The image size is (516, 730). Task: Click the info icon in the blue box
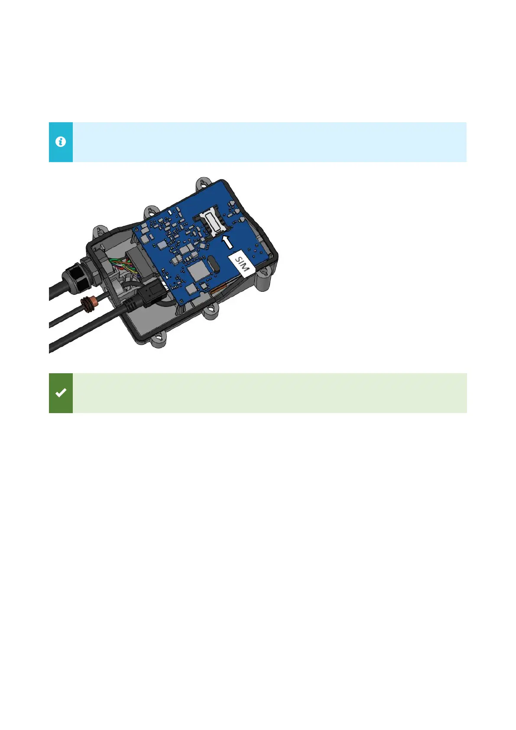pos(61,142)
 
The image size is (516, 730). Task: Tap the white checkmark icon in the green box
pos(61,393)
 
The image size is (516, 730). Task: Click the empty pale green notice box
pos(269,393)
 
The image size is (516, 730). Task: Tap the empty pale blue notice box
pos(269,142)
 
